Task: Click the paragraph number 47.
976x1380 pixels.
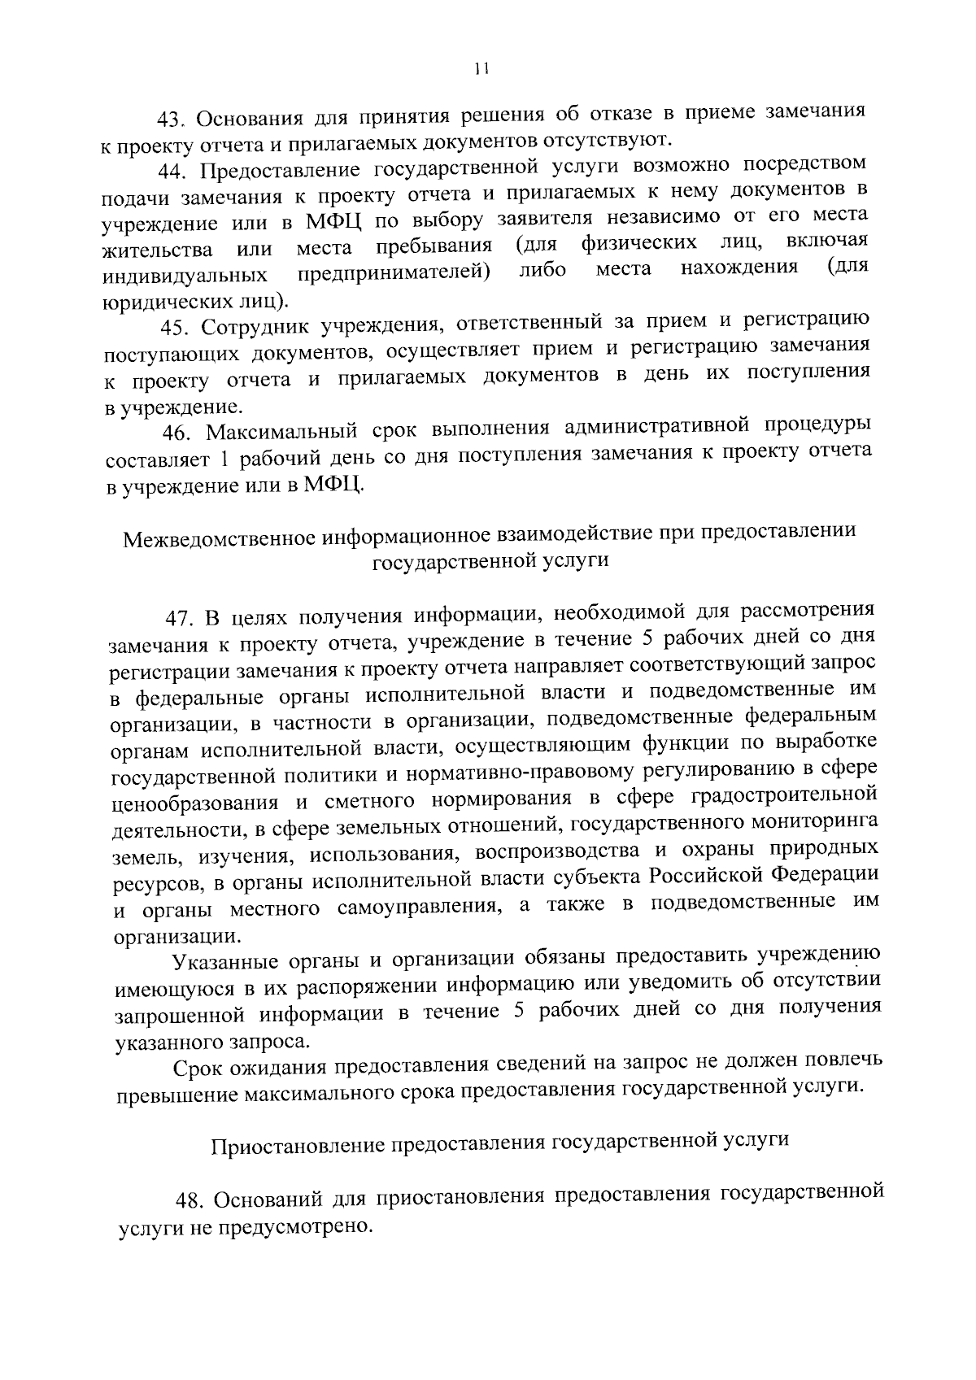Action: [x=180, y=617]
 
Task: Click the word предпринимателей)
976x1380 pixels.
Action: [x=394, y=272]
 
